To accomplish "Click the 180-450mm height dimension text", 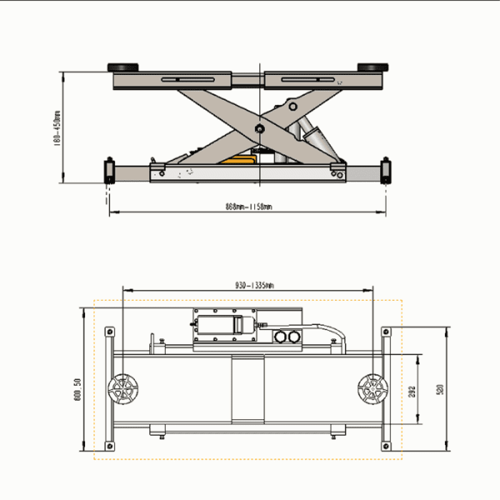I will [57, 128].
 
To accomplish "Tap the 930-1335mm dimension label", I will [248, 285].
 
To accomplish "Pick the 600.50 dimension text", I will [77, 388].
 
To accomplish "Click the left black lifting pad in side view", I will [123, 67].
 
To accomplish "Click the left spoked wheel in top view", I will [125, 389].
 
